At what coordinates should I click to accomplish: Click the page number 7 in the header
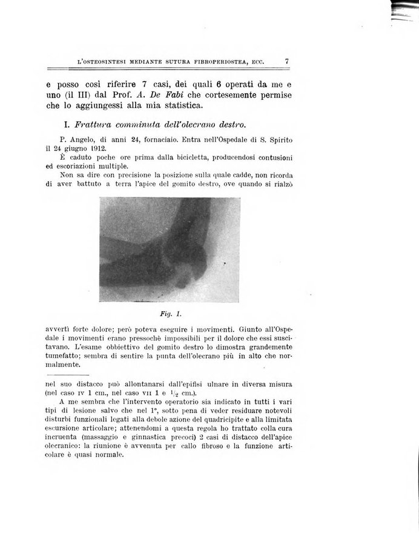286,61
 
